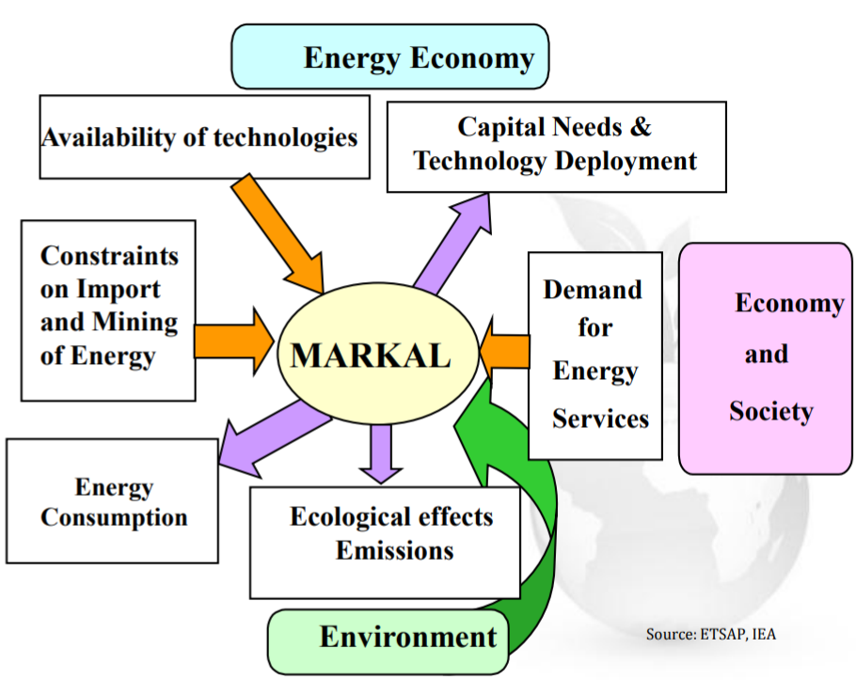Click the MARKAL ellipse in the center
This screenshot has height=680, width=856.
coord(378,354)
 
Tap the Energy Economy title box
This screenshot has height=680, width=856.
coord(389,56)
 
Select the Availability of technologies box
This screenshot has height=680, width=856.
coord(205,137)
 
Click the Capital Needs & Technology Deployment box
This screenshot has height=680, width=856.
coord(556,147)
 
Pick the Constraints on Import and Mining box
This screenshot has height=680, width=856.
coord(108,310)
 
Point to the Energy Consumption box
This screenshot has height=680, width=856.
coord(112,501)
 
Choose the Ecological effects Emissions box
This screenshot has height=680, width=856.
coord(385,543)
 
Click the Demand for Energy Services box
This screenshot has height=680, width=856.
coord(595,356)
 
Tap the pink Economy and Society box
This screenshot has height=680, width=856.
coord(765,358)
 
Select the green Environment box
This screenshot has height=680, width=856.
coord(388,641)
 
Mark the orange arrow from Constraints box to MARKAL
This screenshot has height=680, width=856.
coord(234,341)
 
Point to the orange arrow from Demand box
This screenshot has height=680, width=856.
coord(504,349)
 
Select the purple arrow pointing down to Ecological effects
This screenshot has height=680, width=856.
coord(381,454)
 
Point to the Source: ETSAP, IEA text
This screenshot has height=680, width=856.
coord(711,634)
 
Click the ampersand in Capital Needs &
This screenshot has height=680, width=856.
coord(641,127)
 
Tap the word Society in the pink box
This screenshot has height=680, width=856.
coord(770,412)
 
